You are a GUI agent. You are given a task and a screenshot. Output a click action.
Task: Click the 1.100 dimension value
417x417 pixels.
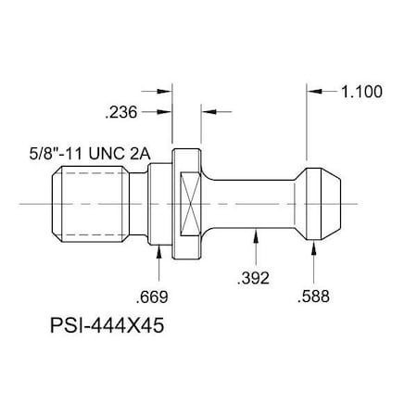coord(362,92)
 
